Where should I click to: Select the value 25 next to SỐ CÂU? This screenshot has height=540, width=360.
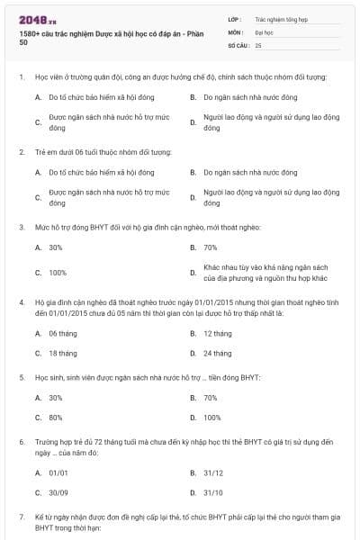258,44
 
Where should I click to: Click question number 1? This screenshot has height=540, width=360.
21,77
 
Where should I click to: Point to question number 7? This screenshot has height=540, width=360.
21,517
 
